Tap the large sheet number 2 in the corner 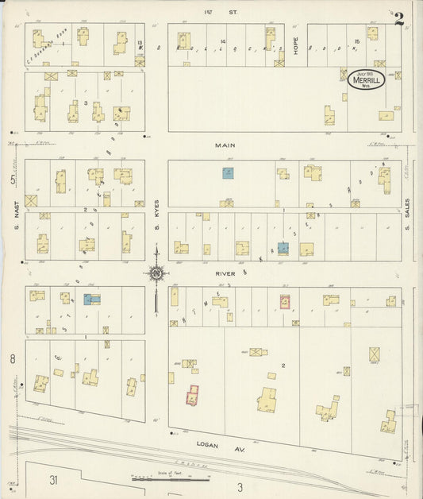pyautogui.click(x=399, y=17)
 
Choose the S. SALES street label pyautogui.click(x=407, y=213)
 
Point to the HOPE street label pyautogui.click(x=294, y=44)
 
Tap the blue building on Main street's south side pyautogui.click(x=228, y=173)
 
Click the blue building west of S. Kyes pyautogui.click(x=91, y=300)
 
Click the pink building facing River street pyautogui.click(x=285, y=302)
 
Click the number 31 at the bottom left pyautogui.click(x=53, y=480)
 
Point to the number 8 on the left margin pyautogui.click(x=13, y=360)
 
